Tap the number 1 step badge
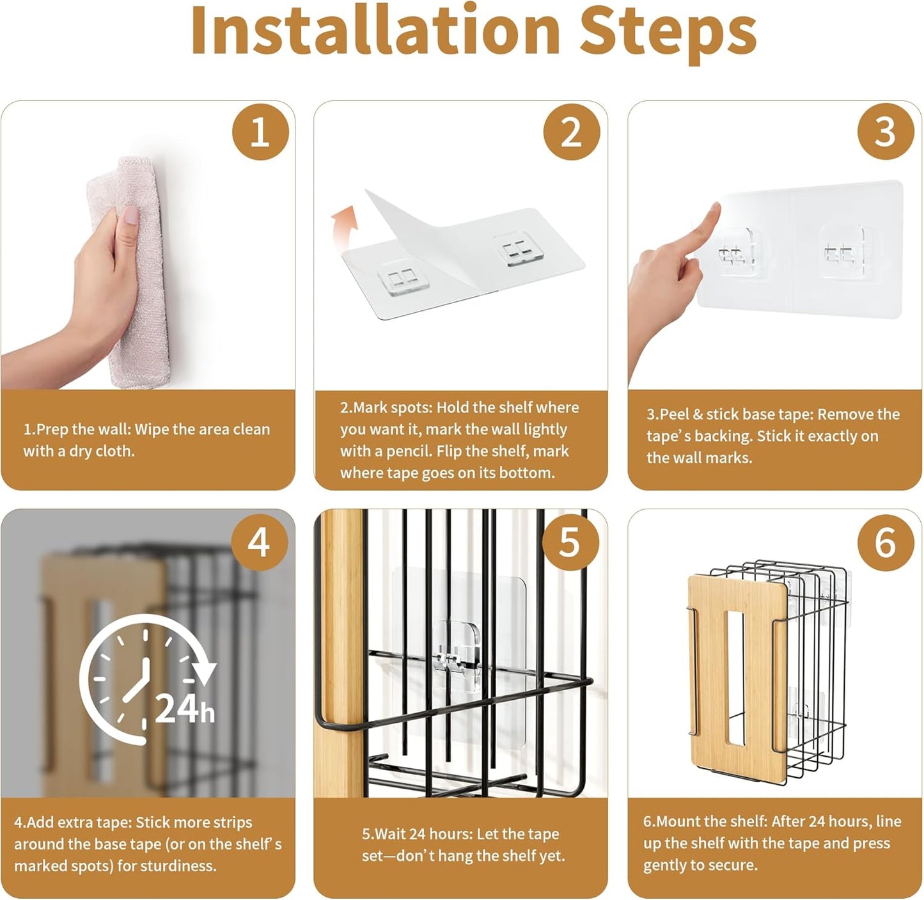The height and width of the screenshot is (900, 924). tap(260, 132)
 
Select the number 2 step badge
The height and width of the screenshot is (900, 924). tap(571, 132)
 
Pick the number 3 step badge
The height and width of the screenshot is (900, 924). tap(886, 132)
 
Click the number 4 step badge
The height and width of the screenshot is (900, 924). tap(259, 542)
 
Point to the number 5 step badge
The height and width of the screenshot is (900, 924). tap(570, 542)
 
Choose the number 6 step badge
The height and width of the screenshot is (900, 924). tap(886, 542)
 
